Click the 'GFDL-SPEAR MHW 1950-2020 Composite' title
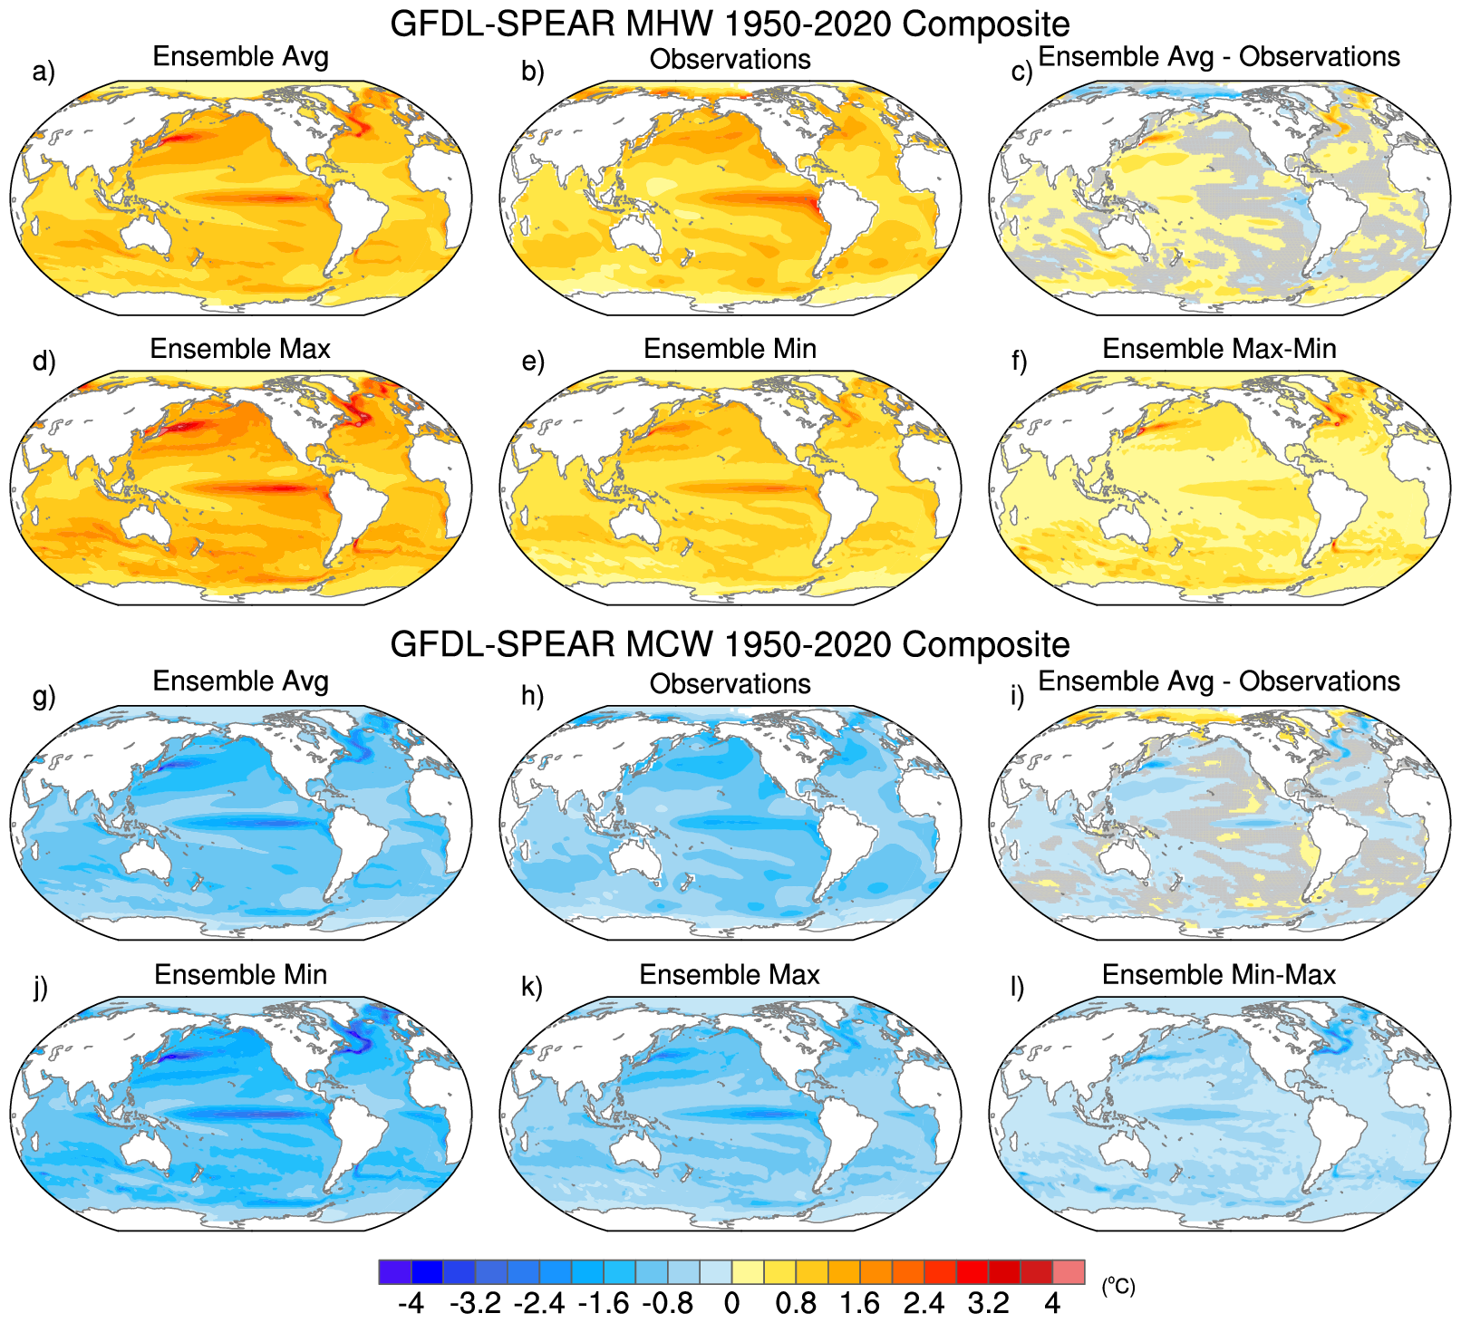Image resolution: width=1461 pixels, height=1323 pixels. click(730, 24)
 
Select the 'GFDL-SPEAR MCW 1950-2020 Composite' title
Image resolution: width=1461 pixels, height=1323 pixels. click(730, 644)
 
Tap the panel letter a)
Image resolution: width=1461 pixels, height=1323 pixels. click(44, 72)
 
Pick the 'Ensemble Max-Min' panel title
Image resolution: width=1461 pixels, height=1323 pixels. click(1219, 349)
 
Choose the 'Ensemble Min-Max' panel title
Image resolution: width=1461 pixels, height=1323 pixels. click(1219, 974)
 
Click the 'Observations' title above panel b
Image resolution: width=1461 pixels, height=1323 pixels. click(730, 59)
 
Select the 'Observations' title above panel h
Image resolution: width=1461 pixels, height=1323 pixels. click(730, 684)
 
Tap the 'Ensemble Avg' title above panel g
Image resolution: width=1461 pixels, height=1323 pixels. click(240, 681)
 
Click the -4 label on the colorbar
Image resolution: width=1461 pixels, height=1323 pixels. click(411, 1303)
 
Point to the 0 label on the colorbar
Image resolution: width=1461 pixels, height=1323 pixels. click(731, 1303)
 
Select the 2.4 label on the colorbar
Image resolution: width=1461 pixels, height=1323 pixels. click(924, 1303)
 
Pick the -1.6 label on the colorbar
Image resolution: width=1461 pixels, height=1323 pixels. click(603, 1303)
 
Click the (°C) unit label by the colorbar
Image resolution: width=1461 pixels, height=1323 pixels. click(1118, 1286)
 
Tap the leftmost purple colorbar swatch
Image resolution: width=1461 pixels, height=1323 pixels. click(395, 1271)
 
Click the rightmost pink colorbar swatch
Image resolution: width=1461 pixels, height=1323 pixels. click(1069, 1271)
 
